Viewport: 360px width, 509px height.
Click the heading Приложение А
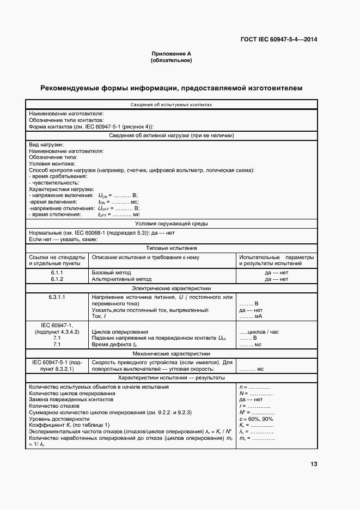point(171,54)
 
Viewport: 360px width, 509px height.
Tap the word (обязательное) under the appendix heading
point(171,60)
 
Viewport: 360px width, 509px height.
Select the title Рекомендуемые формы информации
point(171,88)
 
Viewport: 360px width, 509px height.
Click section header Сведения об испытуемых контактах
point(171,105)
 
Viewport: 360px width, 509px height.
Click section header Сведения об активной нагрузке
point(171,136)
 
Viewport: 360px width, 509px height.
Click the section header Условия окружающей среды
point(171,223)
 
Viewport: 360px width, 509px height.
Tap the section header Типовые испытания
point(171,248)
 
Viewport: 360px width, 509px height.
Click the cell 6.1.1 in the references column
point(57,272)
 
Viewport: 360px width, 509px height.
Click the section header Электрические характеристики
point(171,288)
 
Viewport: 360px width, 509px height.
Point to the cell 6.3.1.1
point(57,297)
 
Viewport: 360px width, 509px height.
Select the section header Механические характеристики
point(171,353)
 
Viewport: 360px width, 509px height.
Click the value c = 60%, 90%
point(256,419)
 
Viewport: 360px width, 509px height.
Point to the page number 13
point(313,464)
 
